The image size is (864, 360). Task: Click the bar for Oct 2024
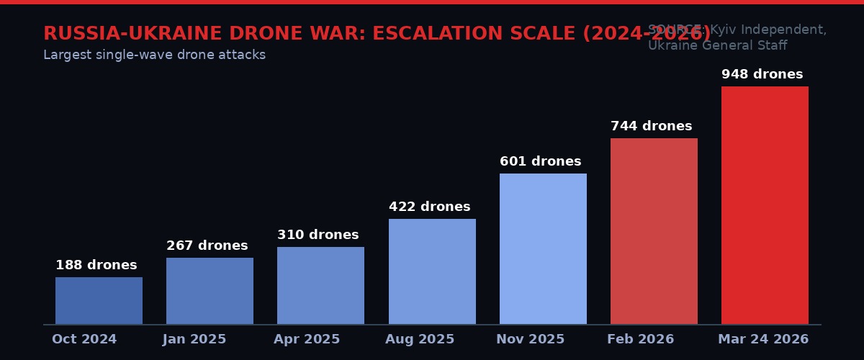(x=99, y=300)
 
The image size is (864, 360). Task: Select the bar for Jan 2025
(x=210, y=291)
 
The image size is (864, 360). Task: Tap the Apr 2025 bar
(x=320, y=285)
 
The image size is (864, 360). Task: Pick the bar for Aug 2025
(x=432, y=271)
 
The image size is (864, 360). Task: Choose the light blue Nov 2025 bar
(x=543, y=248)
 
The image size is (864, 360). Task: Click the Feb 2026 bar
(x=654, y=231)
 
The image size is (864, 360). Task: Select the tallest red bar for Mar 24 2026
(x=765, y=205)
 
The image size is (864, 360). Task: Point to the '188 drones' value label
(x=96, y=265)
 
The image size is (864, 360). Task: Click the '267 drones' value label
(x=207, y=246)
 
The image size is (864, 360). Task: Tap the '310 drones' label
(x=318, y=235)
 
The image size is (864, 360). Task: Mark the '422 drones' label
(x=430, y=207)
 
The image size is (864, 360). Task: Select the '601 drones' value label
(x=541, y=161)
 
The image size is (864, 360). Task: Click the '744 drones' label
(x=652, y=126)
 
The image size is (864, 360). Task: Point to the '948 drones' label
(x=762, y=74)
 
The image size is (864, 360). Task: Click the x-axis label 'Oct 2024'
(x=84, y=339)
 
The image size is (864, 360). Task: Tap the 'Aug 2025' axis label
(x=420, y=339)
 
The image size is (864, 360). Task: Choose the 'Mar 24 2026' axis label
(x=763, y=339)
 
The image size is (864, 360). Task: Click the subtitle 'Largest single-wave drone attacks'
(x=154, y=55)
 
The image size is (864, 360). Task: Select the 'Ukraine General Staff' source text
(x=717, y=45)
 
